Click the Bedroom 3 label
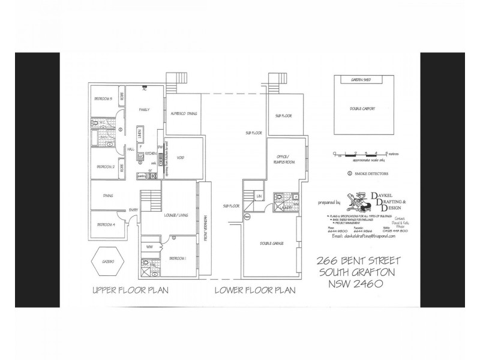point(104,98)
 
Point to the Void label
point(180,158)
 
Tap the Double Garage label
point(272,244)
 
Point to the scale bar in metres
point(360,154)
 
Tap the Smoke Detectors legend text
point(371,174)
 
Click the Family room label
point(144,110)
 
